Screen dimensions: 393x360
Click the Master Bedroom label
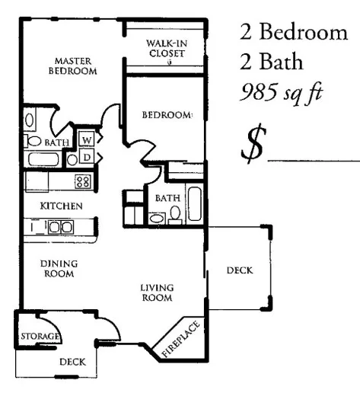pos(74,65)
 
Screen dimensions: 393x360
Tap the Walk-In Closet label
pos(167,49)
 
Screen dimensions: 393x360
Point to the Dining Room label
pos(59,269)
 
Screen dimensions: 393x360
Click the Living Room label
pos(158,292)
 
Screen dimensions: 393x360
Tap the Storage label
pos(40,336)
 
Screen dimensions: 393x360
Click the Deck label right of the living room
pos(239,270)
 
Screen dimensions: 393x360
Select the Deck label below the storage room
pos(72,363)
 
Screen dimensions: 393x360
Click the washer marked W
pos(86,140)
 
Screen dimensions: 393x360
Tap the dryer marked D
pos(87,157)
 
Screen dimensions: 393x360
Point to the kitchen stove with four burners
pos(82,181)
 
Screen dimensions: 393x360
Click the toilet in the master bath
pos(34,141)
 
